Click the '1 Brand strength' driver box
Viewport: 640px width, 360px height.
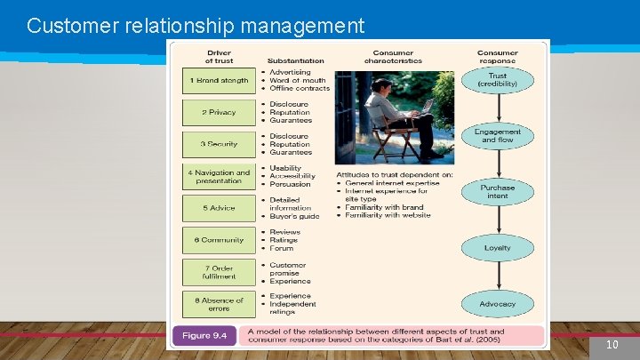coord(218,80)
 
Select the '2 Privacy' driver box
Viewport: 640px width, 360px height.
coord(218,113)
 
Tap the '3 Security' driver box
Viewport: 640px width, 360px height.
coord(218,144)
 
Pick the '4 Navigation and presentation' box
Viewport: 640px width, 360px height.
coord(218,176)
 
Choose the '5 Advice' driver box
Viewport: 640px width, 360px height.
coord(218,208)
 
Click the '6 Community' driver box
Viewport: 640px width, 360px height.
coord(218,240)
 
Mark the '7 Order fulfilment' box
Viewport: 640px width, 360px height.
coord(218,271)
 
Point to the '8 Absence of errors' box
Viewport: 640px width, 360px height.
coord(218,304)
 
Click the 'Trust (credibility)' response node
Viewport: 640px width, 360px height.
coord(498,80)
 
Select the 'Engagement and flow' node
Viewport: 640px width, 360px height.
coord(498,135)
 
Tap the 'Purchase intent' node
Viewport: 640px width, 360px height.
coord(498,191)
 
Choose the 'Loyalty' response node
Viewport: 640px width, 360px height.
coord(498,247)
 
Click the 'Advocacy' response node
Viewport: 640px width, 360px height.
coord(498,304)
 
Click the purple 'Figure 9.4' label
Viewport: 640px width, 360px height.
coord(204,336)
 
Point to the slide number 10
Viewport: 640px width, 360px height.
coord(612,345)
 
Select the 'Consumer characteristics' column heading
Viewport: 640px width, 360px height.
coord(393,57)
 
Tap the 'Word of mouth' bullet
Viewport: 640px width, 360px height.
coord(298,80)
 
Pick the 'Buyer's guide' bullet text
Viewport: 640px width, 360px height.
coord(294,216)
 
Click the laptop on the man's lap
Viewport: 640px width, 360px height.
coord(424,107)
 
